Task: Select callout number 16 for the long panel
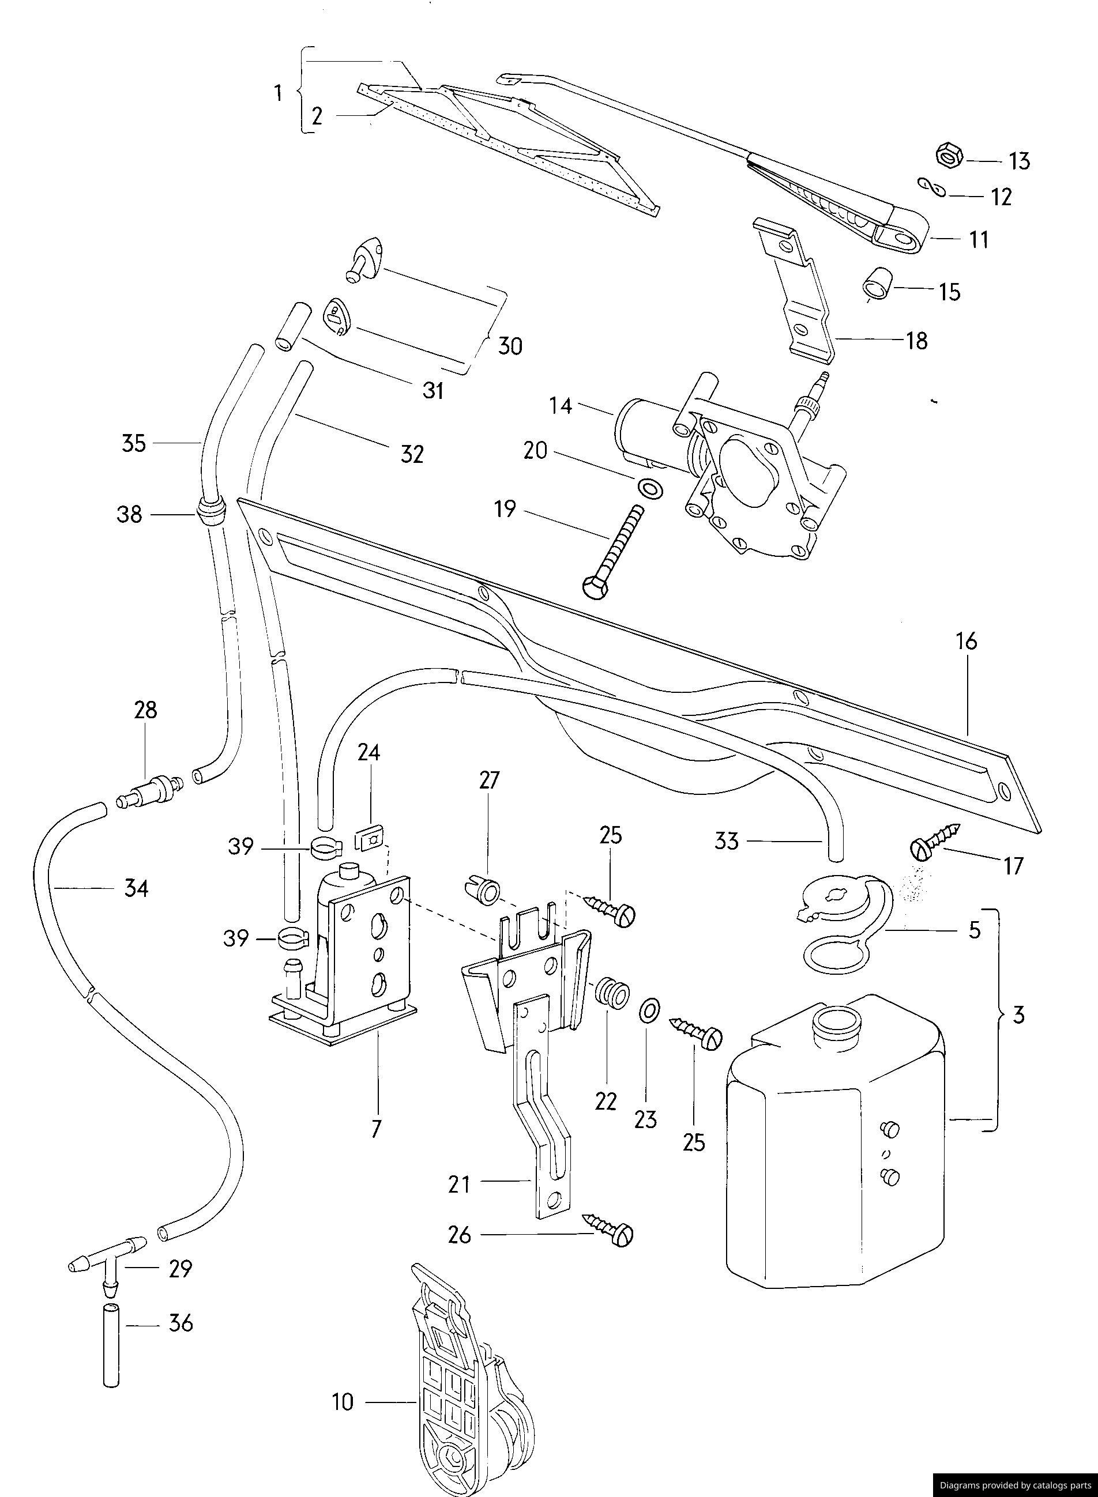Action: (967, 641)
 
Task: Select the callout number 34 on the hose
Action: (136, 888)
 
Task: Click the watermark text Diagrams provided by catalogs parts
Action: (1015, 1484)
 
